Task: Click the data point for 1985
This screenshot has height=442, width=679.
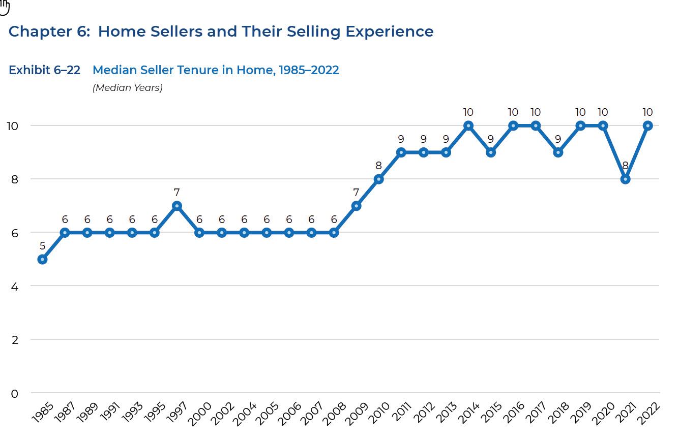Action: (x=42, y=259)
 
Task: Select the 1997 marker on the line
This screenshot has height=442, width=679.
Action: (x=177, y=206)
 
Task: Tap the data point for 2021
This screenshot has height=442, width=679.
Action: (x=625, y=179)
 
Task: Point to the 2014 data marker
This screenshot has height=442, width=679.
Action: (x=468, y=125)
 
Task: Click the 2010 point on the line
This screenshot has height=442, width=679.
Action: (x=378, y=179)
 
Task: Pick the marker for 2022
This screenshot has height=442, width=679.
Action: (x=647, y=125)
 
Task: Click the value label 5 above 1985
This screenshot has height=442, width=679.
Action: (x=42, y=246)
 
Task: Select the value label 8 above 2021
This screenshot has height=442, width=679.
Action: (x=625, y=166)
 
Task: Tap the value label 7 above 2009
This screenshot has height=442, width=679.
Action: (x=356, y=193)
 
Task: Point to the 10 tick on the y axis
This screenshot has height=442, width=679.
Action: (x=12, y=125)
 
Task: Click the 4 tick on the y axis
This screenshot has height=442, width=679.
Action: (x=15, y=287)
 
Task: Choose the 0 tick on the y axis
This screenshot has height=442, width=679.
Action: (x=15, y=393)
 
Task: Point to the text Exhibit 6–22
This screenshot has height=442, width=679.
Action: (x=44, y=70)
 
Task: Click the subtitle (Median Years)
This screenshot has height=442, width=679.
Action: (x=128, y=88)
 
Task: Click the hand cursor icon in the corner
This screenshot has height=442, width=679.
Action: (x=5, y=7)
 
